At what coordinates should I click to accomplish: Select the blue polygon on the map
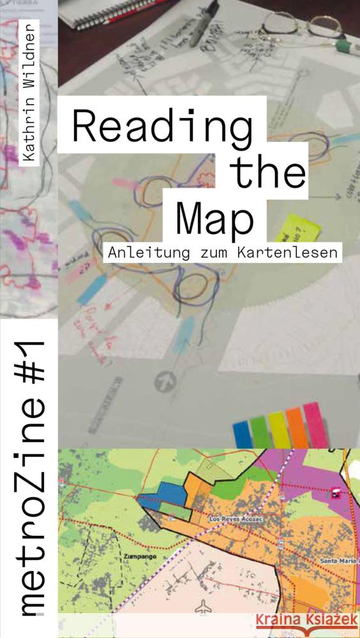tap(160, 494)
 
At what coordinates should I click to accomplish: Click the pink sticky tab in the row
tap(313, 422)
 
